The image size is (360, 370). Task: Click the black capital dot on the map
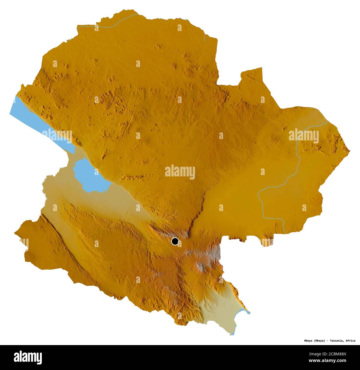[175, 241]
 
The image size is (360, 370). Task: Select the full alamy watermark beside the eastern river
[304, 136]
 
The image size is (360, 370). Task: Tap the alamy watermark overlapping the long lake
[57, 135]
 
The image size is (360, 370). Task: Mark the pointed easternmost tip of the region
[349, 151]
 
